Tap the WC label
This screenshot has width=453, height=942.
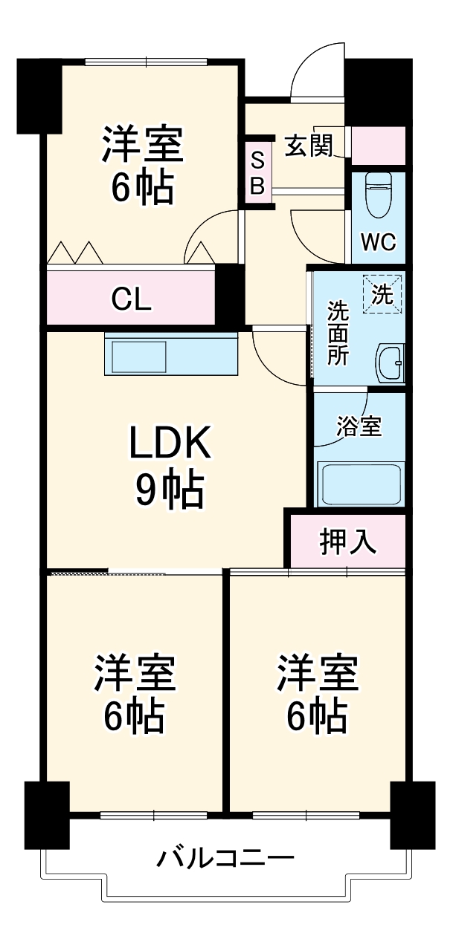point(379,242)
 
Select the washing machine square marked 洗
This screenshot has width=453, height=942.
point(382,294)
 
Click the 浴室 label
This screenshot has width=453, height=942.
point(359,427)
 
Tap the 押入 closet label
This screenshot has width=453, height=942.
point(348,542)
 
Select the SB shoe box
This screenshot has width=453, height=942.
point(257,173)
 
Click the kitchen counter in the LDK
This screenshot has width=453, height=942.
point(172,354)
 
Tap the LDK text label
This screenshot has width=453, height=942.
point(171,445)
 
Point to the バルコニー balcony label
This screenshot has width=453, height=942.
point(225,860)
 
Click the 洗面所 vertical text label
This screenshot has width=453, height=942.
point(338,332)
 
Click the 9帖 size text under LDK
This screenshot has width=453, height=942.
point(170,490)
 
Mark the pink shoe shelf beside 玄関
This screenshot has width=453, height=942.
point(378,146)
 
